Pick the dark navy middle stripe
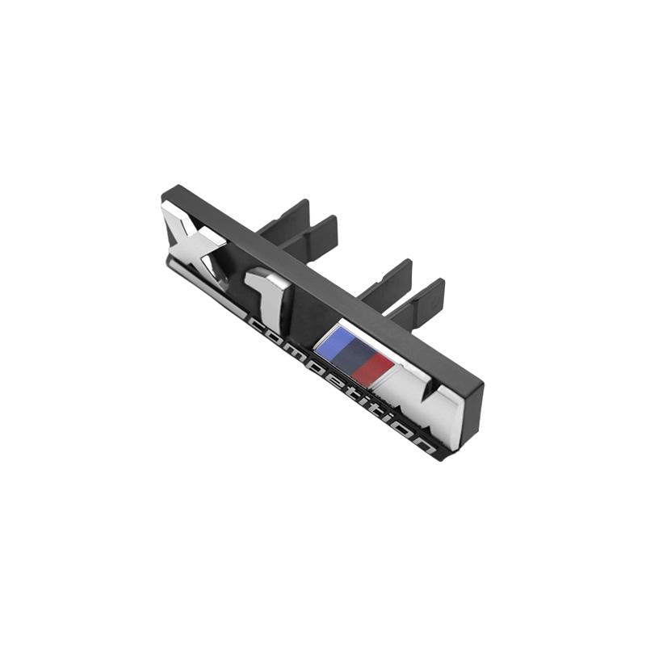tap(351, 354)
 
